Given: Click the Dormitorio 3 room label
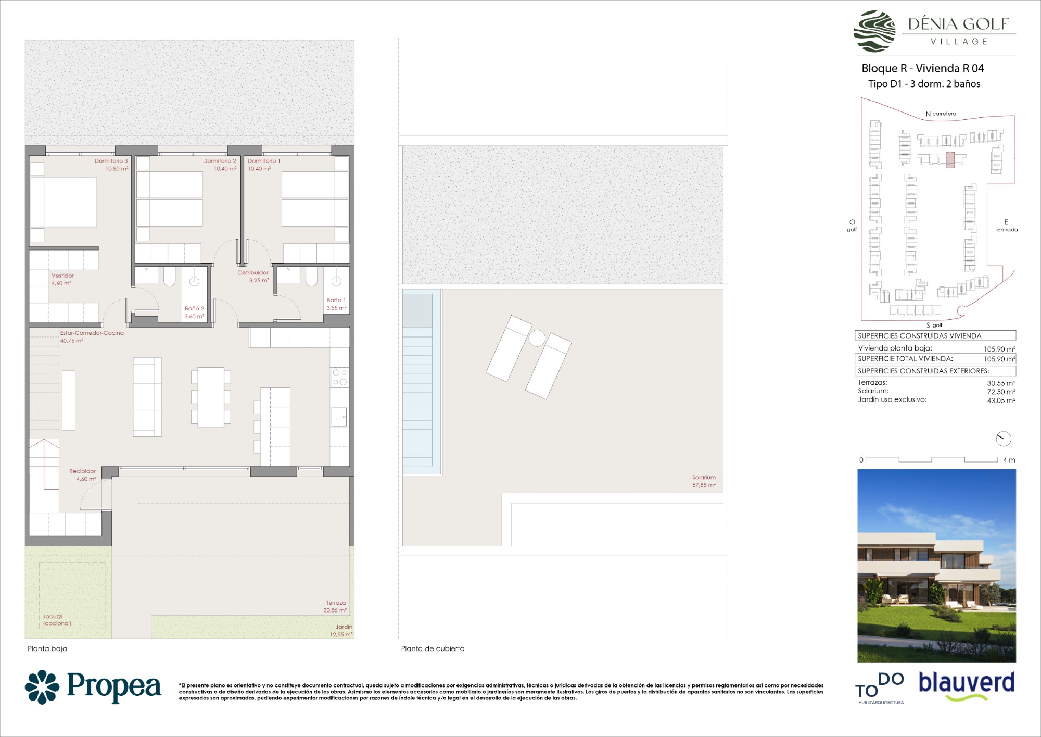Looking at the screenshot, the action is click(x=111, y=161).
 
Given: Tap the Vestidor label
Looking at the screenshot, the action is click(x=62, y=276).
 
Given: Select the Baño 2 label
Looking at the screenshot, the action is click(x=194, y=308).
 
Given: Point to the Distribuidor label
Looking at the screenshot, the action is click(x=253, y=272).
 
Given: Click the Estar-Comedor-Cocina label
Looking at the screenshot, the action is click(x=92, y=333).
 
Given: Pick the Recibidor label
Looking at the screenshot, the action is click(x=82, y=471).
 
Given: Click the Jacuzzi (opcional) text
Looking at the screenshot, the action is click(x=57, y=620).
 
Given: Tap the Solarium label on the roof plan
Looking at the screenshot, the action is click(x=704, y=477).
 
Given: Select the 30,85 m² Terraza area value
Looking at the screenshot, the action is click(x=335, y=610).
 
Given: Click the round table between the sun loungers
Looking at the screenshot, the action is click(x=537, y=339).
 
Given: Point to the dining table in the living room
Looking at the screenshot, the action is click(x=211, y=397).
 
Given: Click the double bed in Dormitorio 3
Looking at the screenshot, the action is click(x=64, y=202).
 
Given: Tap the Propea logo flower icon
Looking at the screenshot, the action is click(x=42, y=686).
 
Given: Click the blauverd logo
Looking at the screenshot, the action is click(x=967, y=685).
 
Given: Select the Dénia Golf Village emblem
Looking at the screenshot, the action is click(x=874, y=31).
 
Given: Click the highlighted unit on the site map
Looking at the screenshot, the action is click(x=950, y=160).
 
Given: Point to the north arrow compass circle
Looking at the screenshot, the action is click(x=1004, y=439).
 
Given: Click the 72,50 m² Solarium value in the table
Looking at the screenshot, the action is click(x=1001, y=392).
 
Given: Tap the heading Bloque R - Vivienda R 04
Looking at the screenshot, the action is click(x=923, y=68).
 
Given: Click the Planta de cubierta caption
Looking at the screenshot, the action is click(x=433, y=648).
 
